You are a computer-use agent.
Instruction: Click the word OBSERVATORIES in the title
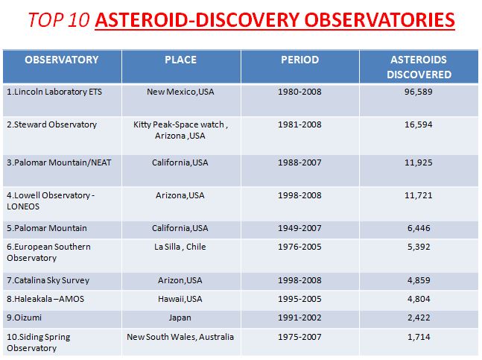coord(379,20)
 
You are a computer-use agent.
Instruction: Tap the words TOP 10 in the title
coord(59,20)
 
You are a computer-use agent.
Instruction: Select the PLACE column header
coord(180,60)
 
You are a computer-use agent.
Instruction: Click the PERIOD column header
coord(299,60)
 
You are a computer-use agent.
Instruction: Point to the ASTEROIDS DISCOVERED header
coord(419,67)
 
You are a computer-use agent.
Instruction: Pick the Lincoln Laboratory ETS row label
coord(54,92)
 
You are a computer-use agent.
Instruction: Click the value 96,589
coord(419,92)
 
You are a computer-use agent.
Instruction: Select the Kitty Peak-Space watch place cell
coord(180,130)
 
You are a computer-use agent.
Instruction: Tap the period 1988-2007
coord(299,162)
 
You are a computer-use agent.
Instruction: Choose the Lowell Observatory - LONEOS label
coord(51,200)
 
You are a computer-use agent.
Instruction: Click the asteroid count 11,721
coord(419,195)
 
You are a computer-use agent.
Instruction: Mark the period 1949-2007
coord(299,228)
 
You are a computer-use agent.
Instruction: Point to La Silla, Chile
coord(180,247)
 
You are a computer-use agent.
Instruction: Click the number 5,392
coord(419,247)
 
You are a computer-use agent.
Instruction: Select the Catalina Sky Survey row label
coord(48,281)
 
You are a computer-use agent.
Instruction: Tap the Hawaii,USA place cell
coord(180,299)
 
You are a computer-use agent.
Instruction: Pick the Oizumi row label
coord(24,318)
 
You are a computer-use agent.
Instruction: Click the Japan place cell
coord(180,318)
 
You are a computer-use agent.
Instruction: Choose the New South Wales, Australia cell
coord(180,337)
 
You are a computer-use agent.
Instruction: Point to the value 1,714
coord(419,337)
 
